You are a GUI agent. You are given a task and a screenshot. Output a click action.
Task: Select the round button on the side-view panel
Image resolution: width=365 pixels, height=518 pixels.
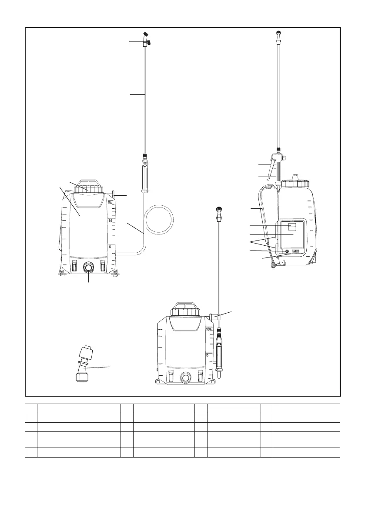point(287,251)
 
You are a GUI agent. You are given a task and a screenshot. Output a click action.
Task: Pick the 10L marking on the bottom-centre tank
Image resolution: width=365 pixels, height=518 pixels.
point(210,330)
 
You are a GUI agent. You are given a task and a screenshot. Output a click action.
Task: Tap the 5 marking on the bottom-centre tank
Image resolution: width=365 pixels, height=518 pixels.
point(208,355)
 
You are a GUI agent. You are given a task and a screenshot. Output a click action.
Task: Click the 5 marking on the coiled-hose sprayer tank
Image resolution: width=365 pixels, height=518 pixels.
point(110,246)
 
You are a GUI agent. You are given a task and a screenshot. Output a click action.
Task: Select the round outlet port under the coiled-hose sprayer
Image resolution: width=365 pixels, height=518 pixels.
point(89,267)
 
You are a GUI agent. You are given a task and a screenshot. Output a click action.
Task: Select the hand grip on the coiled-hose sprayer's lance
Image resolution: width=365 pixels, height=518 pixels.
point(144,177)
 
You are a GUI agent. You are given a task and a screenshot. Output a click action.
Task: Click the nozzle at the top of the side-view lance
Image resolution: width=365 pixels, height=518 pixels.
point(278,33)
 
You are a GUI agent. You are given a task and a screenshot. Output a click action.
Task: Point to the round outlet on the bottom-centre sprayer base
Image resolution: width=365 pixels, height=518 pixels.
point(186,378)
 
